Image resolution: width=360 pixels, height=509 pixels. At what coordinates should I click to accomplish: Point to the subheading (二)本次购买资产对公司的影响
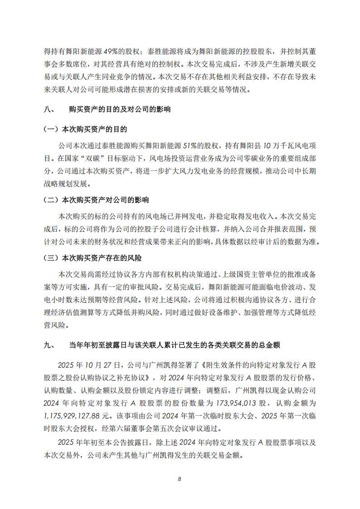(x=96, y=200)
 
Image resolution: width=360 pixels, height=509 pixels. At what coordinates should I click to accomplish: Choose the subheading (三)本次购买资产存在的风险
(x=92, y=258)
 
